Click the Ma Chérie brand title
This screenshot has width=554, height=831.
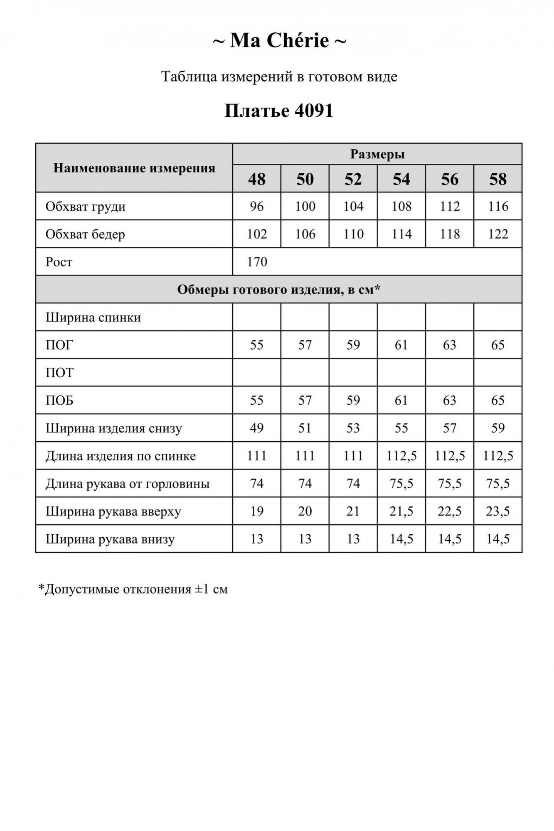click(x=279, y=41)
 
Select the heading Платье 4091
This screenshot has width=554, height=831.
click(x=279, y=111)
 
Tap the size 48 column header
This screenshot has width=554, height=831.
click(x=256, y=179)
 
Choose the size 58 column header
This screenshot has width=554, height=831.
click(x=497, y=179)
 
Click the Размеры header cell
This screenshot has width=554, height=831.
click(x=377, y=154)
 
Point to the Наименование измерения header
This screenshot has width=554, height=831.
click(x=134, y=168)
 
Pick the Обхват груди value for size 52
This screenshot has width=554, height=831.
click(x=353, y=207)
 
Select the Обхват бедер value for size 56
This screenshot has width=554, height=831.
click(x=450, y=234)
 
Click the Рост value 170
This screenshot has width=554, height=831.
click(x=257, y=262)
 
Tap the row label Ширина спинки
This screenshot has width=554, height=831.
click(x=93, y=317)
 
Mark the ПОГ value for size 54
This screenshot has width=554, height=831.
click(x=401, y=345)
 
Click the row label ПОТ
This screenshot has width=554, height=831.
click(x=59, y=373)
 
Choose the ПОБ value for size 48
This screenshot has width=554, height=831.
click(x=256, y=401)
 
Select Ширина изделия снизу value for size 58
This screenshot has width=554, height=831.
click(x=497, y=428)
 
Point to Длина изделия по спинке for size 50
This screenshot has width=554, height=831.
click(x=305, y=456)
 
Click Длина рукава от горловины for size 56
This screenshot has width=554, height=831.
click(x=450, y=484)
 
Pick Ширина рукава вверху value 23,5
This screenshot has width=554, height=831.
click(x=497, y=511)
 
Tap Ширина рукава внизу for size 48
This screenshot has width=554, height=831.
click(x=256, y=539)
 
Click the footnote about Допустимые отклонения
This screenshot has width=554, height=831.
click(x=133, y=589)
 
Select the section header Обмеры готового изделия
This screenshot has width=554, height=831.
click(x=278, y=290)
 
